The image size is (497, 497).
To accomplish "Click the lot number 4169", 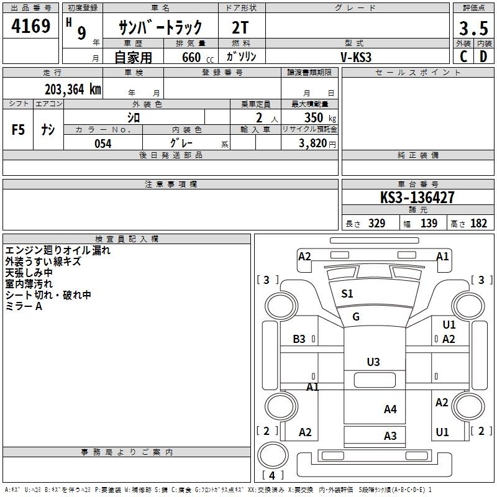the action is [x=30, y=25].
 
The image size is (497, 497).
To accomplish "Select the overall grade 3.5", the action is [x=473, y=28].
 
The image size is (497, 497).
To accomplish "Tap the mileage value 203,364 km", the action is [x=73, y=89].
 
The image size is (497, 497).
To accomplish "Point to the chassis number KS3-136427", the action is [x=417, y=197].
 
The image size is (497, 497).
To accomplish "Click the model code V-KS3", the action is [x=355, y=57].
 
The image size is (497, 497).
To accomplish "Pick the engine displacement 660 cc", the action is [x=198, y=57].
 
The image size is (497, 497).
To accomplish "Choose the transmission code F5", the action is [x=18, y=130].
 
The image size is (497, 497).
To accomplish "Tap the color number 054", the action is [x=103, y=144].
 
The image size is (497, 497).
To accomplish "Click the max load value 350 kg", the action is [x=320, y=117].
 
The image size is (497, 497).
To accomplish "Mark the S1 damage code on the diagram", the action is [x=347, y=294].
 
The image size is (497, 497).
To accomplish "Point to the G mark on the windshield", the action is [x=355, y=316].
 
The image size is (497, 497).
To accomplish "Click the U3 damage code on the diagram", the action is [x=373, y=362].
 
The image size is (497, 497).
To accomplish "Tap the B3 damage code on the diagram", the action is [x=299, y=339].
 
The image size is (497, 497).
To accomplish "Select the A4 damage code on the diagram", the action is [x=390, y=409].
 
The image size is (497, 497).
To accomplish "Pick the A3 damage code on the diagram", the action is [x=390, y=436].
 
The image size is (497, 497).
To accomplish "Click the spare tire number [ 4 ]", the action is [x=272, y=475].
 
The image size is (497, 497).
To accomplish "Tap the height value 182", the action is [x=478, y=224].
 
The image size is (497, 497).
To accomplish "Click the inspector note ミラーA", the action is [x=24, y=306].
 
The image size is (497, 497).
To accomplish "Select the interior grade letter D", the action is [x=483, y=57].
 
